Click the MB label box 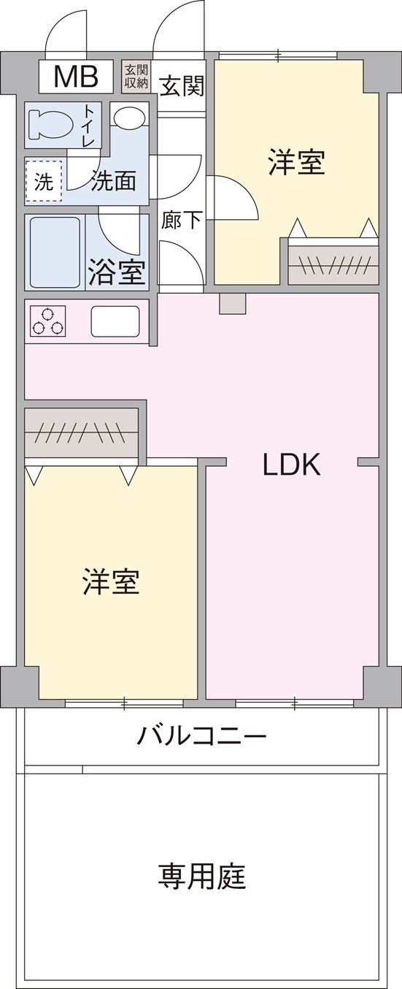(76, 76)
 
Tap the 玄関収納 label (136, 77)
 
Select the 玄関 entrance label (181, 86)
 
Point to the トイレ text (88, 126)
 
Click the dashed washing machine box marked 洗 (45, 182)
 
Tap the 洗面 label (113, 181)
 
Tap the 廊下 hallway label (182, 219)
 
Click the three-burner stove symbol (48, 321)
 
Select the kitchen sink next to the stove (115, 321)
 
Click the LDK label (292, 465)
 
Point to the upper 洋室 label (296, 162)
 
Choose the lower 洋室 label (111, 582)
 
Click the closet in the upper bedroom (333, 264)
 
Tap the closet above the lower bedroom (82, 433)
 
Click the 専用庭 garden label (202, 875)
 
